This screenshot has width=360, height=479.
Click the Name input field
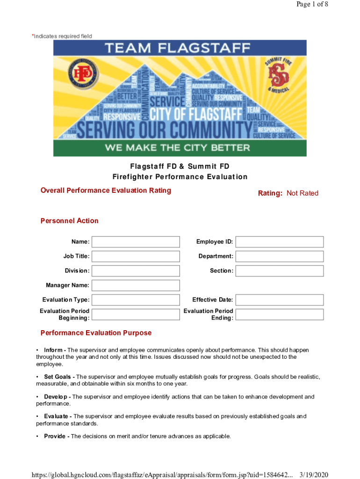tap(136, 242)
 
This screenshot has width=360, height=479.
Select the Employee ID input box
tap(279, 242)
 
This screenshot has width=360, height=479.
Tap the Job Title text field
tap(136, 256)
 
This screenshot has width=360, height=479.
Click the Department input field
tap(279, 256)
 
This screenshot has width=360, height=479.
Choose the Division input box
tap(136, 271)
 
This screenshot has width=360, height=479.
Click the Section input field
tap(279, 271)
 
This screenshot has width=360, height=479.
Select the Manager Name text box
tap(136, 285)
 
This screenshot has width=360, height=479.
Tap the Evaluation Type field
tap(136, 300)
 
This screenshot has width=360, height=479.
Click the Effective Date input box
tap(279, 300)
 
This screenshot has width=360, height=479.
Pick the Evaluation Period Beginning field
tap(136, 314)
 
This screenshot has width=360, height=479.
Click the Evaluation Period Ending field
tap(279, 314)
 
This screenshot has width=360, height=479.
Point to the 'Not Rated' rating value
tap(302, 193)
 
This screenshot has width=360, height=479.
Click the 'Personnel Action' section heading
tap(70, 221)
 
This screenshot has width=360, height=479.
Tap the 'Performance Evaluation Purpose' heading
tap(96, 333)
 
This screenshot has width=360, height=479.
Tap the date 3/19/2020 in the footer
tap(314, 475)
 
